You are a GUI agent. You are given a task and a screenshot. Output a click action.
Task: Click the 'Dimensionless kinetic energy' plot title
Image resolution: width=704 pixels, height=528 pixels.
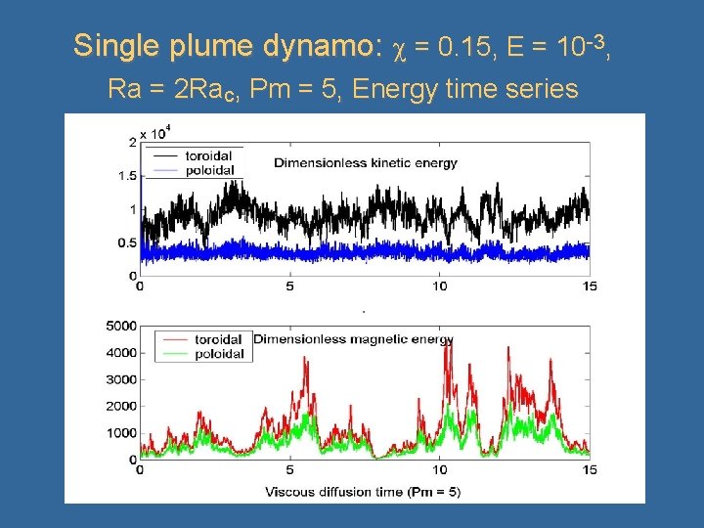click(x=366, y=162)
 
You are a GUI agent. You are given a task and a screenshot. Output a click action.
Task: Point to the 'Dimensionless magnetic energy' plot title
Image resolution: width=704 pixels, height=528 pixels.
click(x=353, y=339)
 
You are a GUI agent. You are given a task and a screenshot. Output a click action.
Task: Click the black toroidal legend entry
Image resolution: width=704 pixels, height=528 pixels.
click(x=192, y=154)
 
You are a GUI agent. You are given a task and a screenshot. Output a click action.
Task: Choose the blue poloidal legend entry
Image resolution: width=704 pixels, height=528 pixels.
click(x=192, y=171)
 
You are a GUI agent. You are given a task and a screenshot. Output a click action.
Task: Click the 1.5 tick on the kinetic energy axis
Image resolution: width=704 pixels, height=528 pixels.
click(x=124, y=176)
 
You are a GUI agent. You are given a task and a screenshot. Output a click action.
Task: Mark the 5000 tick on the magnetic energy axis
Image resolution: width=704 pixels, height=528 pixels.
click(x=119, y=326)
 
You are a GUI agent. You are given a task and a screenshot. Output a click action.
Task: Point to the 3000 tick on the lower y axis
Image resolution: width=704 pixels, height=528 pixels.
click(x=119, y=379)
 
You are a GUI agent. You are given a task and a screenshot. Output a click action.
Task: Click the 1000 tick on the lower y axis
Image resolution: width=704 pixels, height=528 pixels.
click(x=119, y=433)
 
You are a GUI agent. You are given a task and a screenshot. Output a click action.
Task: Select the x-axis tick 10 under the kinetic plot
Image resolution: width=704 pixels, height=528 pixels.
click(x=440, y=286)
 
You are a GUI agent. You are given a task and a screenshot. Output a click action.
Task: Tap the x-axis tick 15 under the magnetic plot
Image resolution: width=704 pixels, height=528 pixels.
click(x=589, y=470)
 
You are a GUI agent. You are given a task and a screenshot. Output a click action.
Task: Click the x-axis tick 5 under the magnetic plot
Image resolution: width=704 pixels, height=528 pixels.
click(x=290, y=470)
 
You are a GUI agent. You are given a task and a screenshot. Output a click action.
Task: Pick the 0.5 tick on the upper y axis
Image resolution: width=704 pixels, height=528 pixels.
click(x=124, y=242)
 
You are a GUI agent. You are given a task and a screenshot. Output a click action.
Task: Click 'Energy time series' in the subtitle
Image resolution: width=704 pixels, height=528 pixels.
click(x=465, y=90)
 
